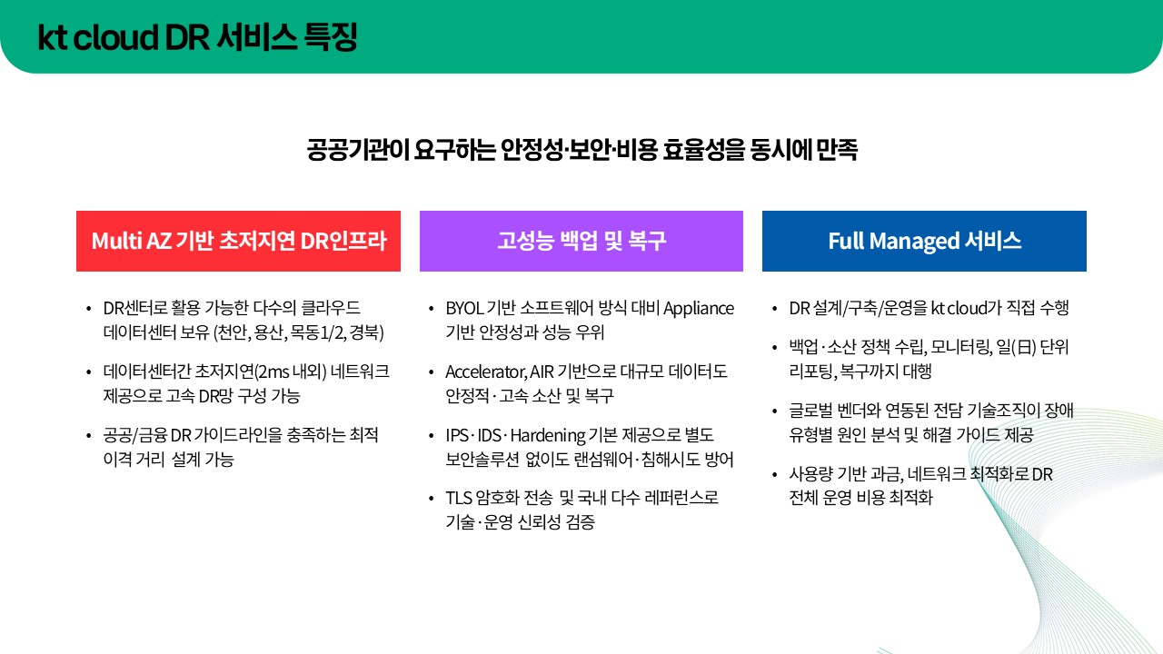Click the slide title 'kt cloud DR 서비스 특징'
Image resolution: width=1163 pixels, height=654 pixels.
click(197, 37)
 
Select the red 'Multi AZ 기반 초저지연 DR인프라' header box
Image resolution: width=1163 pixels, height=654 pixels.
click(238, 241)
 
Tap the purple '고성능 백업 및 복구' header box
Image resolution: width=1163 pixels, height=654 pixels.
click(581, 241)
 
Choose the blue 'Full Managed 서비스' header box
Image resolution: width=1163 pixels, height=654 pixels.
click(924, 241)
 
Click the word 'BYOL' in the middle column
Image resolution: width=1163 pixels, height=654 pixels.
click(464, 308)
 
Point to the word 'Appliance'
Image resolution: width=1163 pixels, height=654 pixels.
click(699, 308)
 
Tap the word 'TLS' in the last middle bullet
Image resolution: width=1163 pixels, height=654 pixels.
click(459, 498)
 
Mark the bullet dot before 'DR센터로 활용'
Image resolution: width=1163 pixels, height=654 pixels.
click(87, 309)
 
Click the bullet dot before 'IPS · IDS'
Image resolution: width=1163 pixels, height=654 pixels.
click(431, 436)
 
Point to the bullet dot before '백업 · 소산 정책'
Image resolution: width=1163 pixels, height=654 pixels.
click(773, 348)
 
